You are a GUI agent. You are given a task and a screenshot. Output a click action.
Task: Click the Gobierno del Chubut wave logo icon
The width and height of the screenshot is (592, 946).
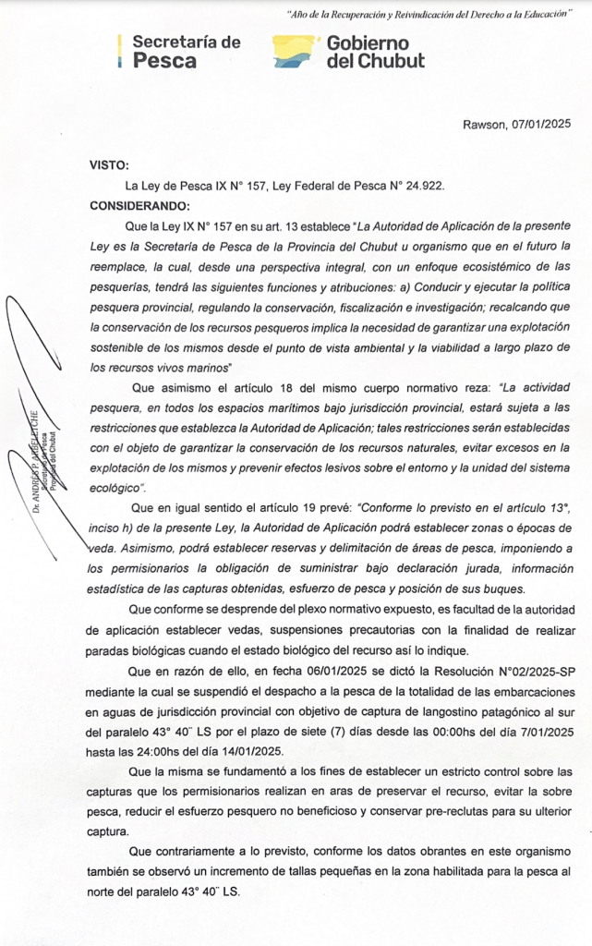click(296, 52)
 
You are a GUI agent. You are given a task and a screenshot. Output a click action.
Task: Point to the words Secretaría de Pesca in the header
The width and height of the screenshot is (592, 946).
click(186, 52)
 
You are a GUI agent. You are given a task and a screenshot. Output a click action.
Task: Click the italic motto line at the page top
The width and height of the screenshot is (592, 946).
click(417, 15)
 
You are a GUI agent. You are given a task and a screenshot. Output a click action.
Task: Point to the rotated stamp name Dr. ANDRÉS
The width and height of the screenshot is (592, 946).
click(34, 462)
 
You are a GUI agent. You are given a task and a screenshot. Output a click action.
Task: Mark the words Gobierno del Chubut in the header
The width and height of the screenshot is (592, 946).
click(375, 52)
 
